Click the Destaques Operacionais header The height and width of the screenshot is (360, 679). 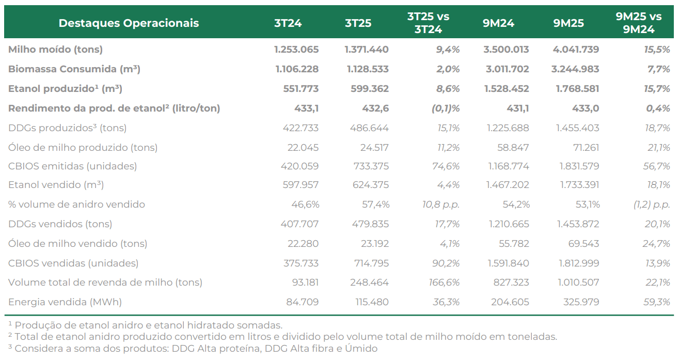click(129, 23)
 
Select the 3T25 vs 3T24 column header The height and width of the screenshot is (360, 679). click(428, 23)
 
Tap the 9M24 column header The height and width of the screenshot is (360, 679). click(498, 23)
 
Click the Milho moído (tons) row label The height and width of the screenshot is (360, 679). click(55, 49)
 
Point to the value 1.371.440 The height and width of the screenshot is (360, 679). click(367, 49)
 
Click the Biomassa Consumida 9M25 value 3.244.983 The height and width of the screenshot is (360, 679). click(575, 69)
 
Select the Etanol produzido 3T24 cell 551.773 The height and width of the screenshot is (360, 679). click(301, 88)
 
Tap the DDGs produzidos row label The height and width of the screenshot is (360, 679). click(67, 128)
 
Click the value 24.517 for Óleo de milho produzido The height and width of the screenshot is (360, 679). click(374, 147)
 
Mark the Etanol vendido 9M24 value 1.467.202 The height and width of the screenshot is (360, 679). click(508, 185)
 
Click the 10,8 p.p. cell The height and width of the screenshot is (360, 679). click(441, 205)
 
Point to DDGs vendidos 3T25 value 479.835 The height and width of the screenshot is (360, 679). click(370, 224)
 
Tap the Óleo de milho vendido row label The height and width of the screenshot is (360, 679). click(77, 244)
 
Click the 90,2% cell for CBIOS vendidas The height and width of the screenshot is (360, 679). click(446, 263)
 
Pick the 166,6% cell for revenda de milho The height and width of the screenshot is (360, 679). click(444, 283)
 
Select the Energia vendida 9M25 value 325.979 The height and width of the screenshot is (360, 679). click(581, 302)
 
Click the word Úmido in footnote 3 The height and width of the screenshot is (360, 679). click(361, 349)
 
